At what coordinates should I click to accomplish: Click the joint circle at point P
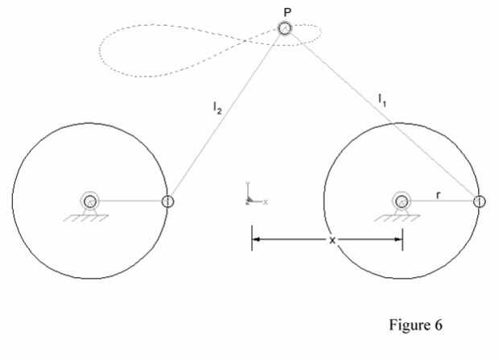click(x=285, y=29)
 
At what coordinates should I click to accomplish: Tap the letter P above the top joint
click(x=286, y=10)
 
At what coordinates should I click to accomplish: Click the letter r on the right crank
click(x=437, y=193)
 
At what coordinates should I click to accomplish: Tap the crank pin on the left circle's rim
click(x=167, y=201)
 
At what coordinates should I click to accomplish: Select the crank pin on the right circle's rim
click(x=478, y=201)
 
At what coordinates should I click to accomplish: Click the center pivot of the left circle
click(x=90, y=201)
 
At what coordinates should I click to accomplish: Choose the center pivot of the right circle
click(x=401, y=201)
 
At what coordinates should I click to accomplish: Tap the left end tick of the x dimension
click(x=252, y=239)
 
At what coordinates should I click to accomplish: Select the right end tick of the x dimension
click(x=402, y=239)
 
